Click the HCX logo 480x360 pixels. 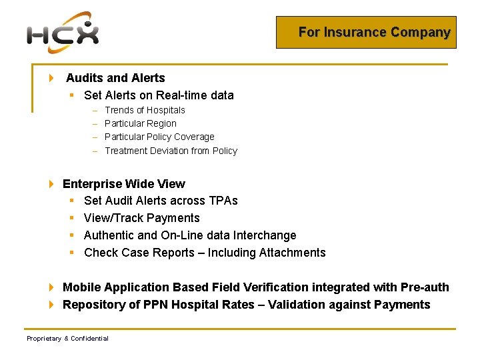click(x=63, y=33)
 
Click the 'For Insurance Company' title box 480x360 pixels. click(x=366, y=32)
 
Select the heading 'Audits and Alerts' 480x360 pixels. click(x=115, y=78)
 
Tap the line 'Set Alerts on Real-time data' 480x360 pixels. click(x=159, y=95)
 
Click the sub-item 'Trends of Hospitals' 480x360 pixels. click(x=145, y=110)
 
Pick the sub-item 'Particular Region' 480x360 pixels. click(x=141, y=123)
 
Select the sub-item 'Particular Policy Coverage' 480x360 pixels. click(x=159, y=137)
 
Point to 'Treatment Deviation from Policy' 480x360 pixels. click(x=171, y=151)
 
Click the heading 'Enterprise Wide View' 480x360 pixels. click(x=124, y=184)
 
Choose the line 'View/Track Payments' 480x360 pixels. click(x=142, y=218)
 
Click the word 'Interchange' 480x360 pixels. click(x=265, y=235)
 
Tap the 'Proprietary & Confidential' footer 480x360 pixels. click(x=67, y=339)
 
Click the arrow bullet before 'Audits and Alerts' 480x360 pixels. click(x=52, y=78)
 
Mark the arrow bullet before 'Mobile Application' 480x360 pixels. click(x=52, y=287)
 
